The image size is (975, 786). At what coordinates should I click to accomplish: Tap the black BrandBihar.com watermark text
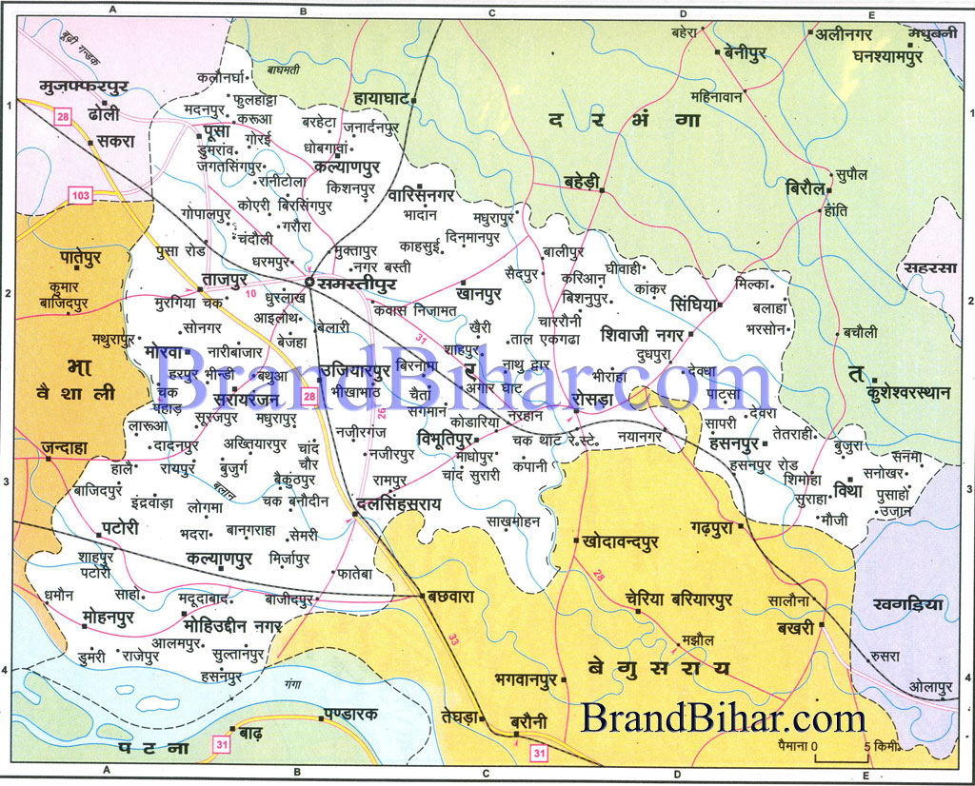[724, 717]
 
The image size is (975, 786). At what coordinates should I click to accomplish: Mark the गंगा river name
[291, 682]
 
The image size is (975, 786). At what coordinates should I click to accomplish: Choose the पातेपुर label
[69, 257]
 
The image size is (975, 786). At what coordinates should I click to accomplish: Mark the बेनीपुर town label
[753, 54]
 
